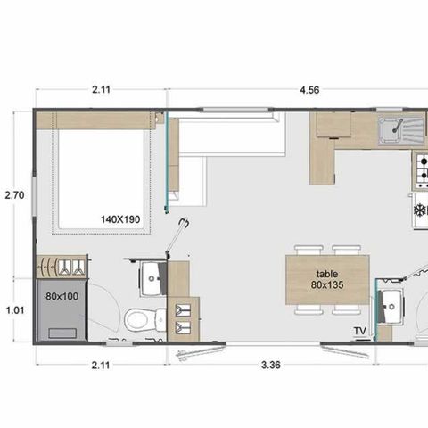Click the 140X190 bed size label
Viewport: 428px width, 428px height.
pyautogui.click(x=119, y=218)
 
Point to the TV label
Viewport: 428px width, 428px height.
pyautogui.click(x=360, y=332)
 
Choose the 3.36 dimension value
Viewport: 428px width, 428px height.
pyautogui.click(x=271, y=364)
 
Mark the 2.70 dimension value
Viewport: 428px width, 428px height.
pyautogui.click(x=13, y=193)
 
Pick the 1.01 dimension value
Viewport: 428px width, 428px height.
pyautogui.click(x=13, y=311)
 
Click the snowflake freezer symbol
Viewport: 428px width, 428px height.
pyautogui.click(x=419, y=210)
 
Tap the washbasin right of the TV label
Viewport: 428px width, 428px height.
pyautogui.click(x=391, y=309)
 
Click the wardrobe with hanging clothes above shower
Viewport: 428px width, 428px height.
pyautogui.click(x=62, y=266)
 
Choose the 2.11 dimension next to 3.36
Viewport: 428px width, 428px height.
pyautogui.click(x=100, y=364)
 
